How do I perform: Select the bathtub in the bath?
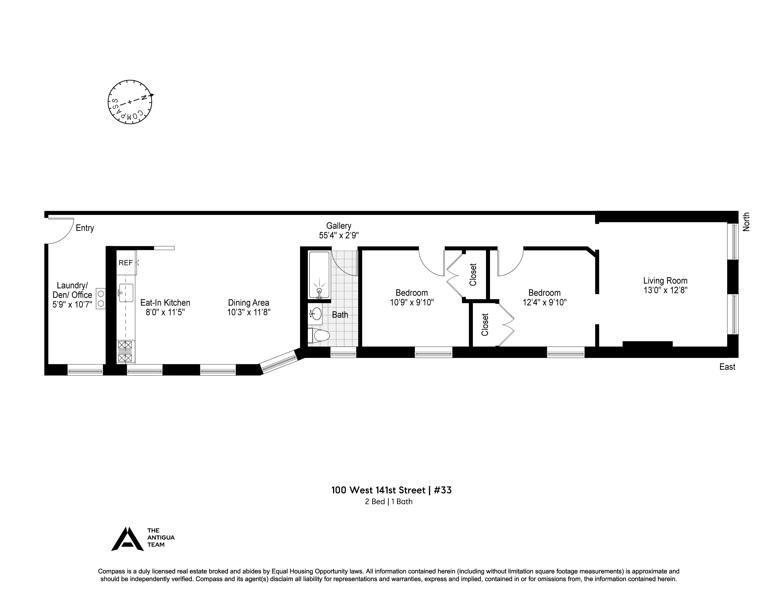coord(319,275)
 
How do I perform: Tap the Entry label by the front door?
coord(85,228)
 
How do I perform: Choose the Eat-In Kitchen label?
coord(165,303)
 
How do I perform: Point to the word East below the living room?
coord(727,367)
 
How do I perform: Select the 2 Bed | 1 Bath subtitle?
coord(389,502)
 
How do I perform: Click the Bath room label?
coord(340,315)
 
